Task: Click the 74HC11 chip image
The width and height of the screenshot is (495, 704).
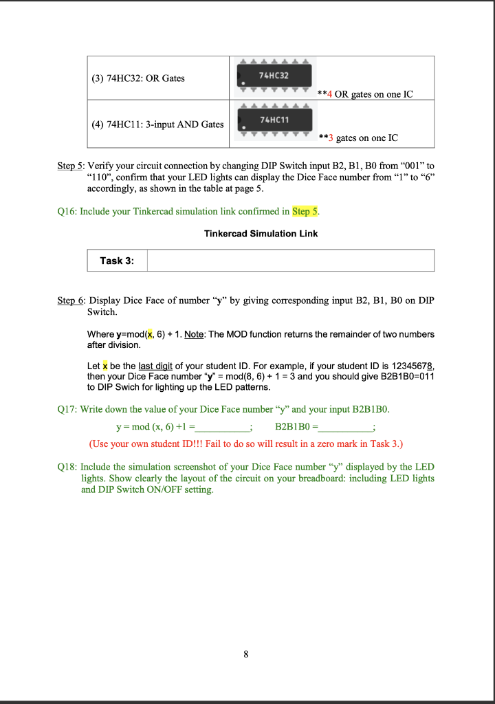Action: click(x=274, y=120)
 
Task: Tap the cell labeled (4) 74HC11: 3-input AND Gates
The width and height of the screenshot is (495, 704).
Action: click(x=157, y=124)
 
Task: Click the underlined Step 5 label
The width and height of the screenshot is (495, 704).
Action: click(x=70, y=166)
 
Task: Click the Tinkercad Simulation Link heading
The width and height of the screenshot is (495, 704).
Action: click(x=261, y=234)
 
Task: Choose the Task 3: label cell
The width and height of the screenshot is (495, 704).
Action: click(x=117, y=261)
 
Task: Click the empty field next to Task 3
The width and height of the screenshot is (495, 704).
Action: click(x=290, y=261)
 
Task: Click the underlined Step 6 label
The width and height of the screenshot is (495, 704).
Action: click(x=70, y=301)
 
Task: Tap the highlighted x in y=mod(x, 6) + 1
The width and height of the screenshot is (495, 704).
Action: click(x=142, y=334)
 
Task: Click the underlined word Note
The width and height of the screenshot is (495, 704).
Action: click(x=195, y=334)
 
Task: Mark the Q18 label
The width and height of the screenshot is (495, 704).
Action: click(x=67, y=467)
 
